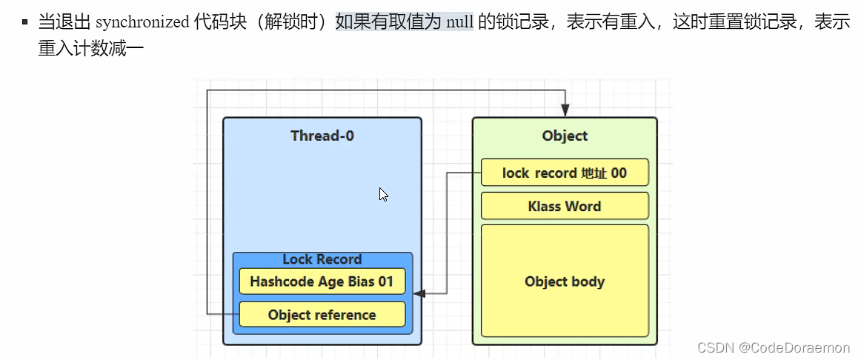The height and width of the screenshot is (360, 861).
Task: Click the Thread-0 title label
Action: pyautogui.click(x=322, y=136)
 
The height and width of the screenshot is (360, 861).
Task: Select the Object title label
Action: pyautogui.click(x=565, y=136)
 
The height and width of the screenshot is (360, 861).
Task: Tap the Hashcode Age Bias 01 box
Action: pyautogui.click(x=322, y=281)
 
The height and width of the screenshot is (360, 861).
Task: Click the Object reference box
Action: pyautogui.click(x=322, y=315)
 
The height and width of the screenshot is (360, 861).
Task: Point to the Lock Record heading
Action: pyautogui.click(x=322, y=259)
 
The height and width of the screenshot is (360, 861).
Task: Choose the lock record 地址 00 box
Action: pyautogui.click(x=565, y=173)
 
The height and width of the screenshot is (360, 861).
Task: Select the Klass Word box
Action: pyautogui.click(x=565, y=206)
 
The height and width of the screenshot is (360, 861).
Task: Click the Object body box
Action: pyautogui.click(x=565, y=281)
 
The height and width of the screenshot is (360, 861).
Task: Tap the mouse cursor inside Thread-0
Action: pyautogui.click(x=383, y=194)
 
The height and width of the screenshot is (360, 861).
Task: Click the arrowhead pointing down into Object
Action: pyautogui.click(x=565, y=110)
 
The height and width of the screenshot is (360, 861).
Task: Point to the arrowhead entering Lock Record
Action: pyautogui.click(x=419, y=294)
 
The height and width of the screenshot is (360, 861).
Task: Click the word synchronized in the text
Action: pyautogui.click(x=142, y=22)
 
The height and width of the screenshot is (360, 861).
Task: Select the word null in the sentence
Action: pyautogui.click(x=460, y=22)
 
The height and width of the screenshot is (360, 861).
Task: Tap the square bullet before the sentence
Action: pyautogui.click(x=25, y=22)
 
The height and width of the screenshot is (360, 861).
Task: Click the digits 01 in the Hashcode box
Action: pyautogui.click(x=385, y=281)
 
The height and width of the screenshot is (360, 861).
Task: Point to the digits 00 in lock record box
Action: pyautogui.click(x=618, y=173)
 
